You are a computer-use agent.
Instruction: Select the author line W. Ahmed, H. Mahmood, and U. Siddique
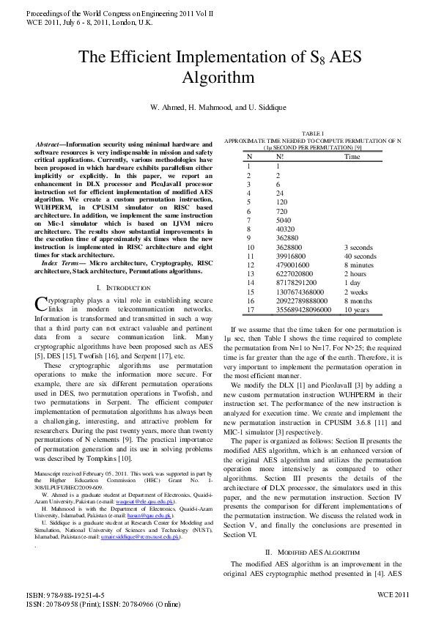click(x=218, y=107)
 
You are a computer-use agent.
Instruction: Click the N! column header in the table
click(x=280, y=156)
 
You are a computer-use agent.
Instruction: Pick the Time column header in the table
click(x=352, y=156)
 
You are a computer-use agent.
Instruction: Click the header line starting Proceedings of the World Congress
click(x=109, y=13)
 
